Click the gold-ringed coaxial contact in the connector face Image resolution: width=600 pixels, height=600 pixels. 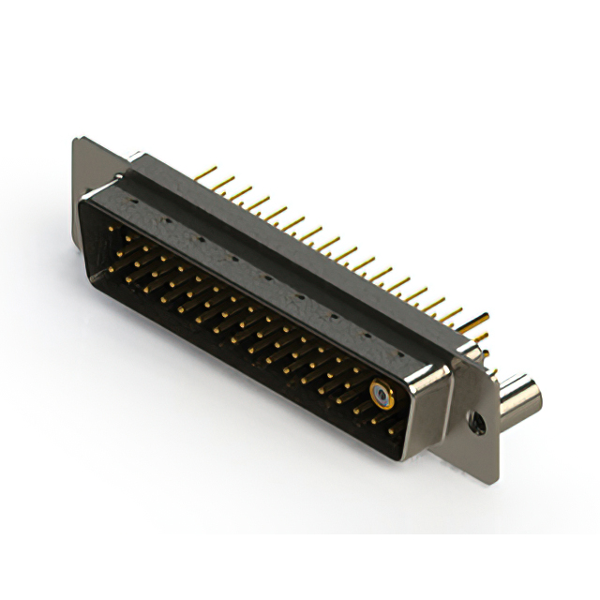(x=380, y=394)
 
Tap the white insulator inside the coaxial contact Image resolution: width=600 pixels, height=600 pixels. (x=380, y=394)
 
